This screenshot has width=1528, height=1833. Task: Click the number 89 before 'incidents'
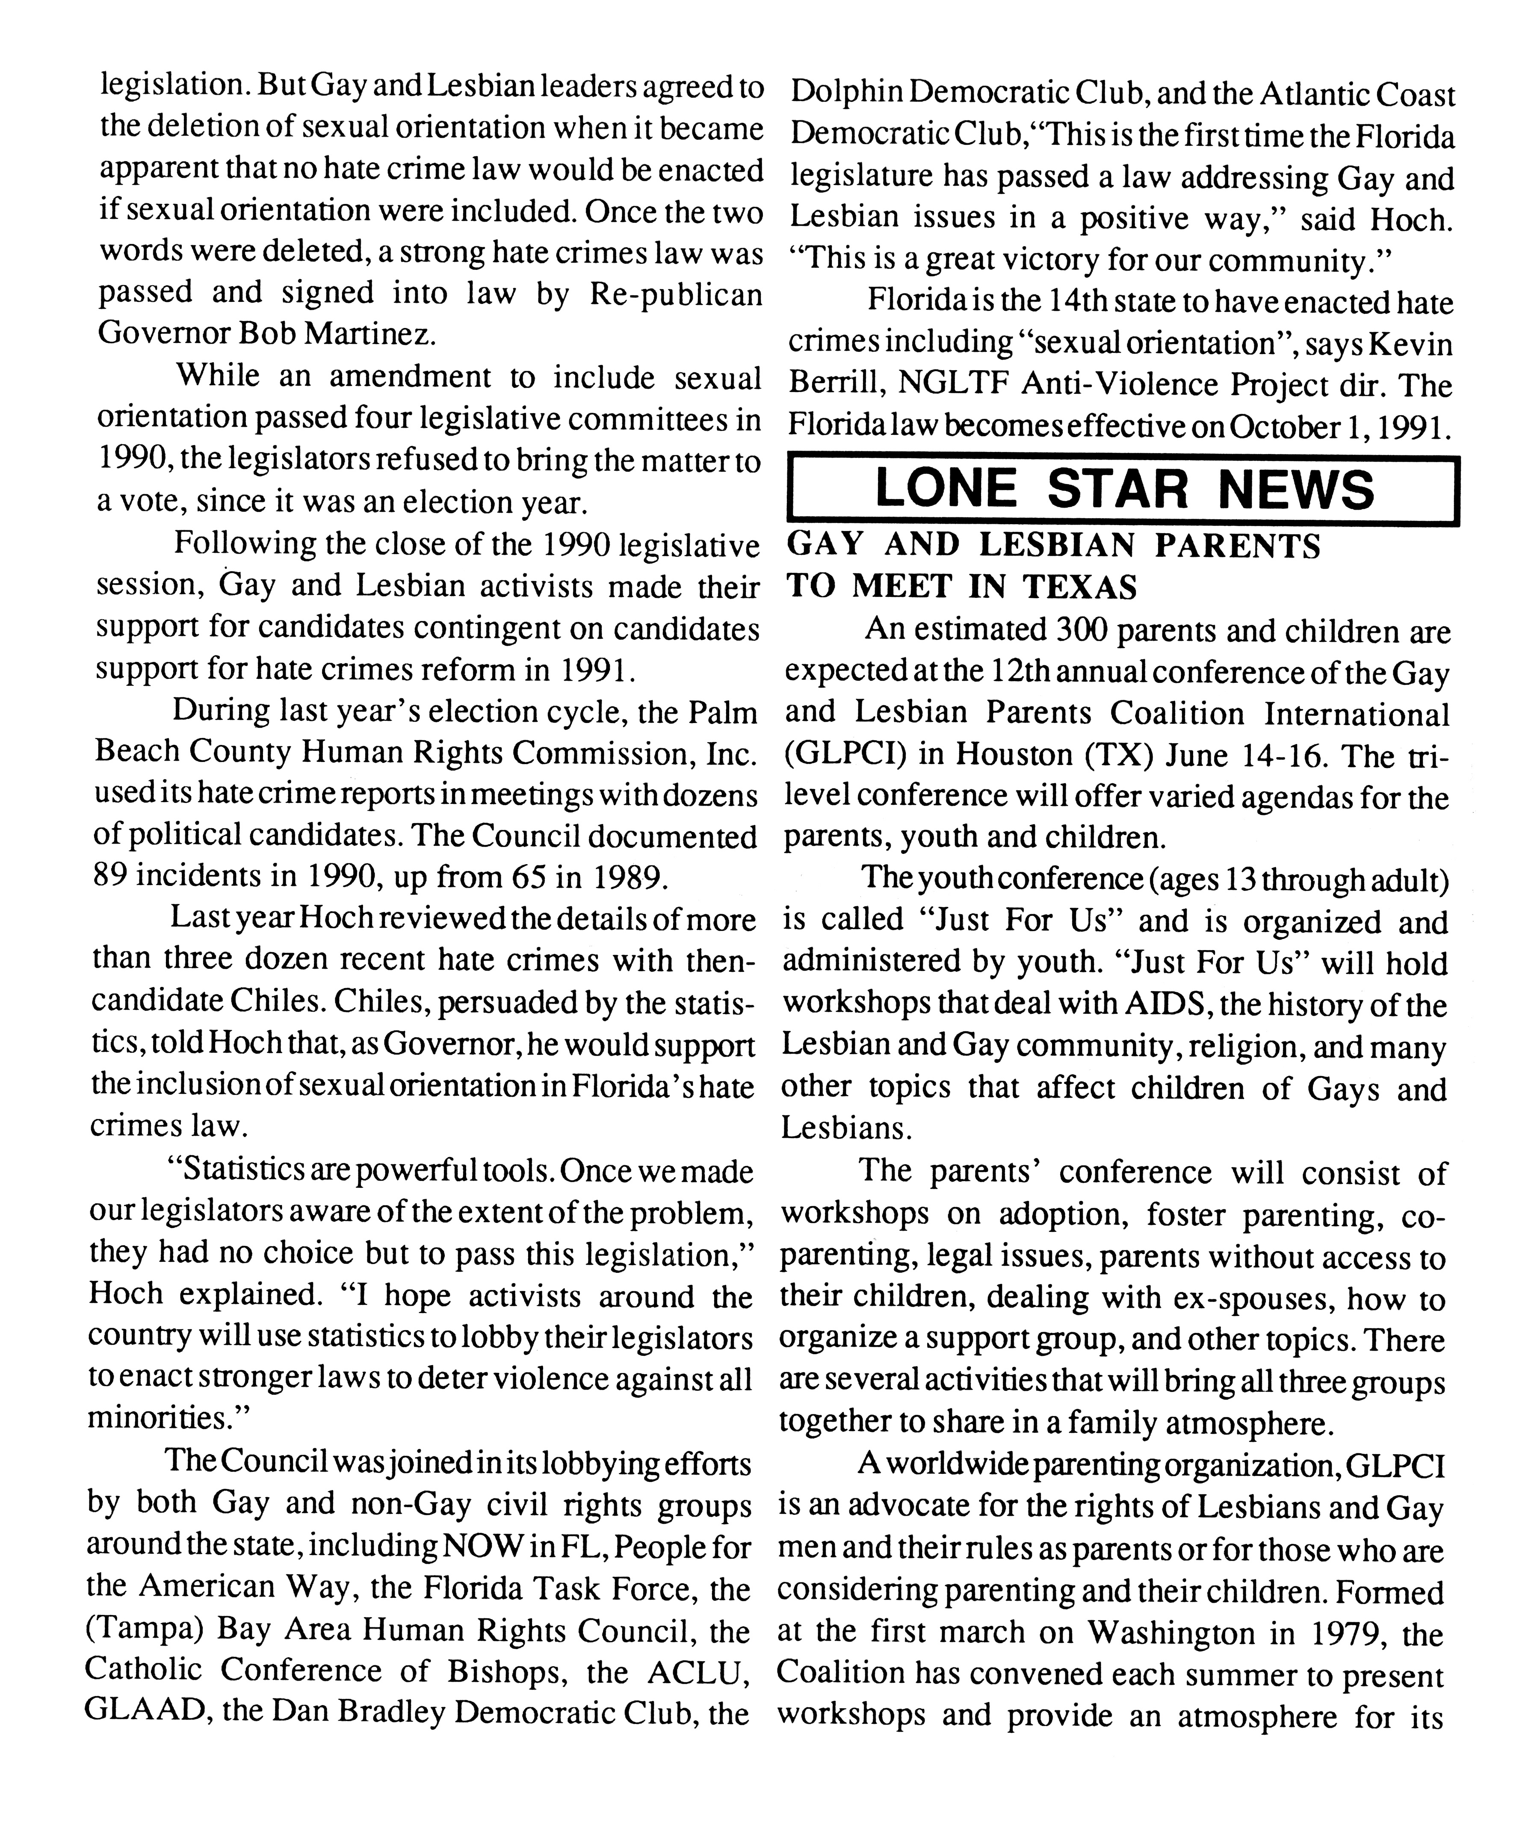coord(111,876)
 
